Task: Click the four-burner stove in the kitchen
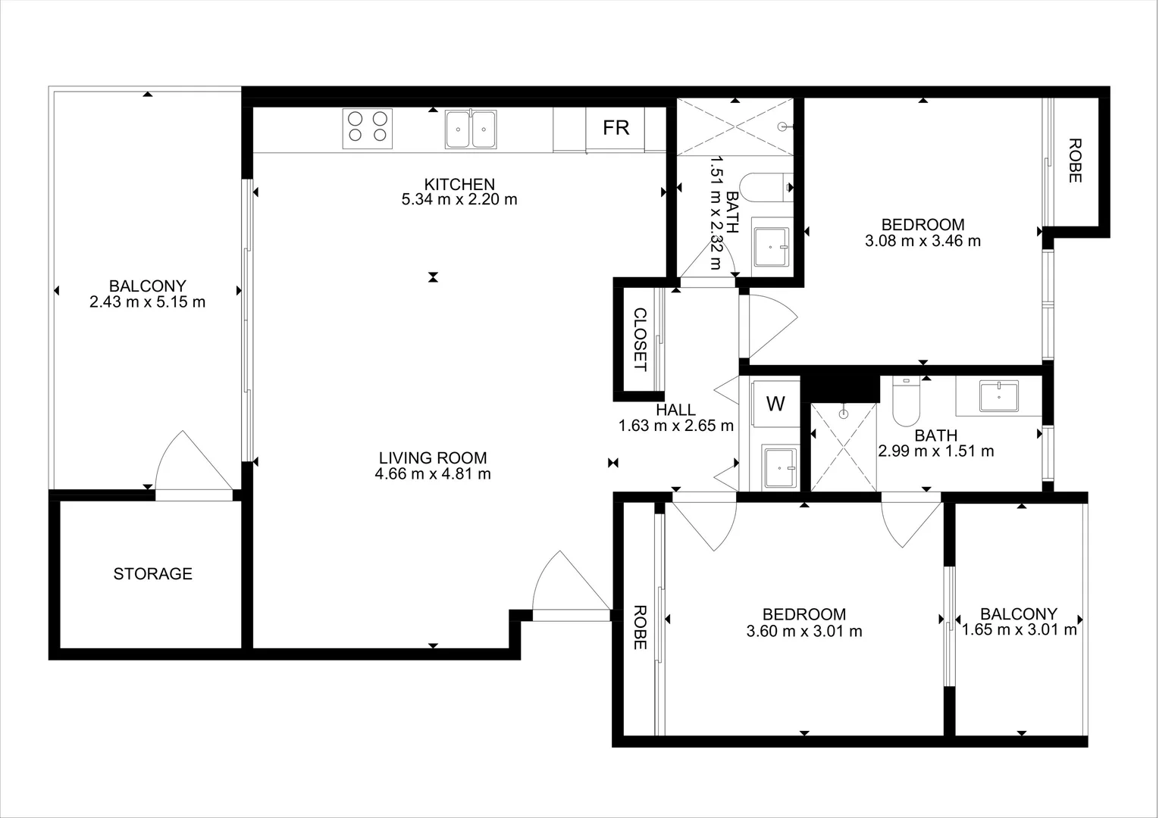click(368, 128)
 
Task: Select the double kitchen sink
click(471, 130)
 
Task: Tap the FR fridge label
click(616, 128)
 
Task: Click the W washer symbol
click(775, 404)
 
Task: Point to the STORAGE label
click(152, 574)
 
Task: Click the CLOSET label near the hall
click(640, 339)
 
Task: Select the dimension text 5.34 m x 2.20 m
click(459, 200)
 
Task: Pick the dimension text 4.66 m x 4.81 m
click(433, 474)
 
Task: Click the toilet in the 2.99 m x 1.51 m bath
click(905, 402)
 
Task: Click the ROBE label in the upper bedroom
click(1074, 160)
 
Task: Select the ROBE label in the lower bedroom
click(640, 627)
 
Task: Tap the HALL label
click(675, 410)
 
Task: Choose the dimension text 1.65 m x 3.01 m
click(1019, 630)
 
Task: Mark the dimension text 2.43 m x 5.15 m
click(147, 302)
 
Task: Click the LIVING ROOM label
click(433, 457)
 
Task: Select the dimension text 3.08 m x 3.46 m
click(923, 241)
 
